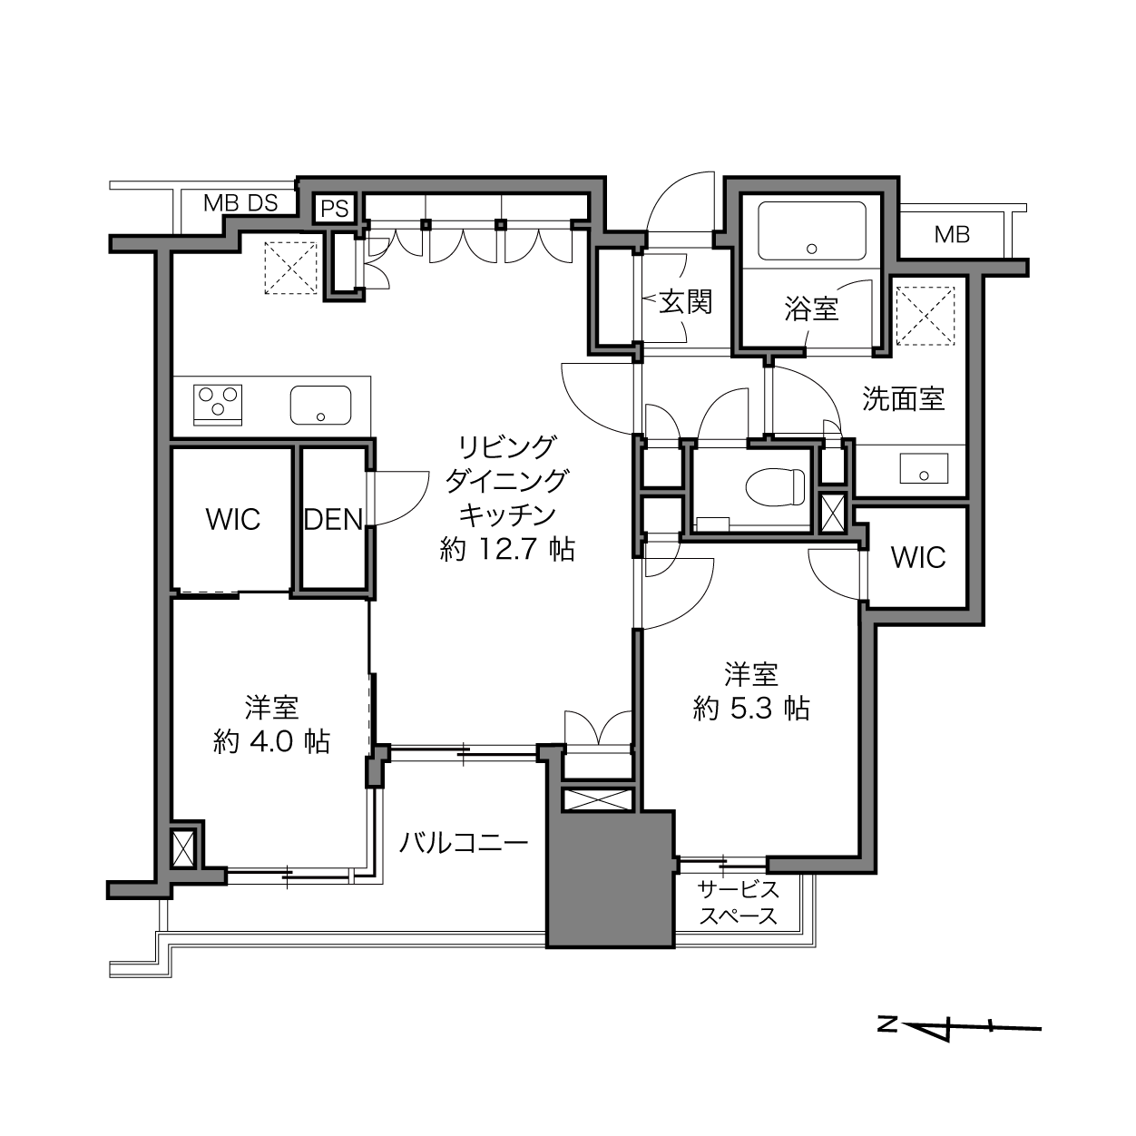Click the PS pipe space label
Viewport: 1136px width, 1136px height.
point(335,209)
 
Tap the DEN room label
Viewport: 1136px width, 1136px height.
point(333,519)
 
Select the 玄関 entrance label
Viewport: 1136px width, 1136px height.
point(686,302)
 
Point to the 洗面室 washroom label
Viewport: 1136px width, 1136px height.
point(903,398)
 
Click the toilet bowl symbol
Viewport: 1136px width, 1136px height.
point(775,487)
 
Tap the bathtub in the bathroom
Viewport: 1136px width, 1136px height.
point(812,230)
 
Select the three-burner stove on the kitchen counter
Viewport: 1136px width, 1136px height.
point(218,405)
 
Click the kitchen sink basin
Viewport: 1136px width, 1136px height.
point(320,405)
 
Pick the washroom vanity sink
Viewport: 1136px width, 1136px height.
point(924,468)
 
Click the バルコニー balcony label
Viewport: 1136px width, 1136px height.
point(464,844)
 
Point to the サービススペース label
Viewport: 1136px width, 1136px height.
point(738,903)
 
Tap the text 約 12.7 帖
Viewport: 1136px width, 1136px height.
point(507,550)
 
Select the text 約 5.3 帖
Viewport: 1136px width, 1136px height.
point(751,708)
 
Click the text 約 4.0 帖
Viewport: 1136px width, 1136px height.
point(271,741)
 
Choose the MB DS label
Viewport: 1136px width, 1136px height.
point(240,203)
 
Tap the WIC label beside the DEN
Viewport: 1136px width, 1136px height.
point(233,519)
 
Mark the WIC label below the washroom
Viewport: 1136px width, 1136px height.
point(918,557)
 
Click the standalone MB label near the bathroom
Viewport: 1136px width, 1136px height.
point(952,235)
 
